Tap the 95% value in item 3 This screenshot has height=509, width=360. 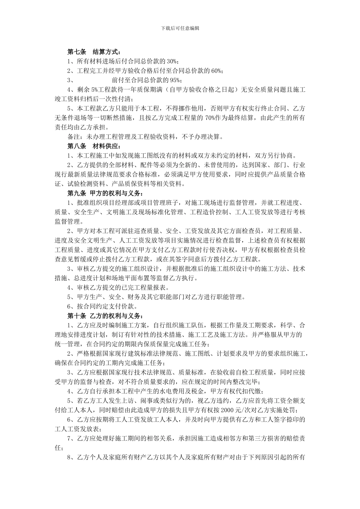click(x=175, y=80)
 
